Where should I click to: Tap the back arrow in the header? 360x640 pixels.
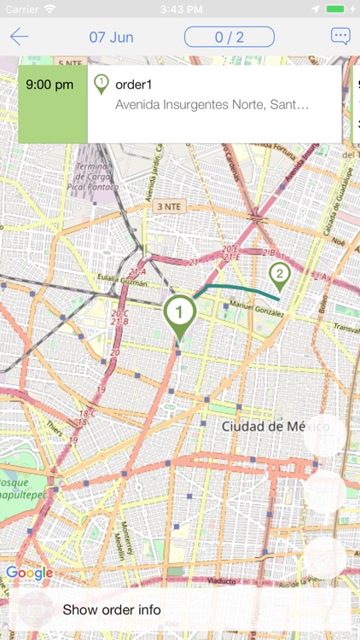click(x=19, y=37)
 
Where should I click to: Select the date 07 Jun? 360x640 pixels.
click(x=111, y=38)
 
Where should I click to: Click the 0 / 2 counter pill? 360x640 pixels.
click(x=229, y=37)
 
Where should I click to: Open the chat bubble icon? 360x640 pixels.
click(x=340, y=37)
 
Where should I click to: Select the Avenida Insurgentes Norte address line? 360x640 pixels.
click(x=212, y=105)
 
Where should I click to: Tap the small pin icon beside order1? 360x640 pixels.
click(x=101, y=84)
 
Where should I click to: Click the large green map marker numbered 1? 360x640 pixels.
click(x=179, y=313)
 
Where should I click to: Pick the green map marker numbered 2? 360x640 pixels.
click(x=278, y=275)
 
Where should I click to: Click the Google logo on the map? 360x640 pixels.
click(x=29, y=573)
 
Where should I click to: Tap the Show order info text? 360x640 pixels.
click(x=112, y=609)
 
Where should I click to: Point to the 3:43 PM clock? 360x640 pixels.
click(x=180, y=9)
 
